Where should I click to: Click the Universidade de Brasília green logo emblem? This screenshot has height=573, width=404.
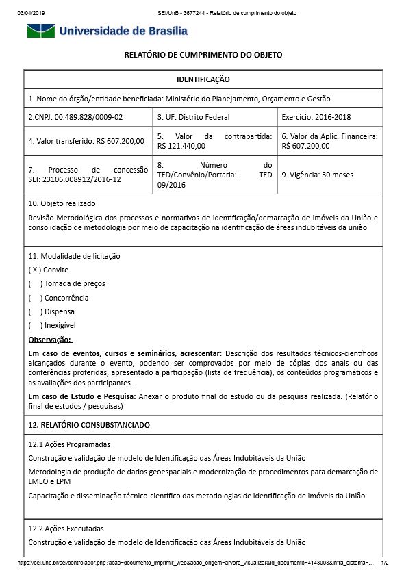[41, 31]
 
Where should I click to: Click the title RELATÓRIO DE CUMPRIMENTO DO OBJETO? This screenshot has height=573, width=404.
[203, 55]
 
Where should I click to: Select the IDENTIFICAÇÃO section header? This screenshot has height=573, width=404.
[203, 80]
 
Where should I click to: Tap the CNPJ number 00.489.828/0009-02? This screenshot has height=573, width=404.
[88, 117]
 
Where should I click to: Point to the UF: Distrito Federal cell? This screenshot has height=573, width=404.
[194, 117]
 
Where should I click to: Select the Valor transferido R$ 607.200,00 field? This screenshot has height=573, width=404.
[86, 141]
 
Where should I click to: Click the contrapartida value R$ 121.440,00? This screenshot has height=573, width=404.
[181, 146]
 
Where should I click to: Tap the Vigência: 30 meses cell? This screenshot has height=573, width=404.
[317, 175]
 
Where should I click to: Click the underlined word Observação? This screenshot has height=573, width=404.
[50, 340]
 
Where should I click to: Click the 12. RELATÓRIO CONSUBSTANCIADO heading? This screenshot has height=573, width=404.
[89, 425]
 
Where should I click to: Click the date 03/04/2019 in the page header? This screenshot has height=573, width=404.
[30, 13]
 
